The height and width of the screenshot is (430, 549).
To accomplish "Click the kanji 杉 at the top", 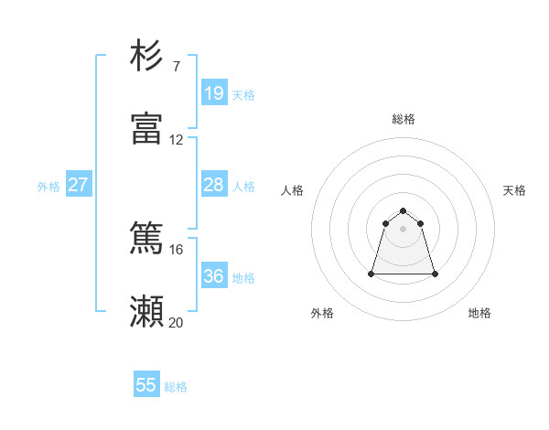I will click(146, 56).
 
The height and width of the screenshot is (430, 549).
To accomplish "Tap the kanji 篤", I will click(146, 239).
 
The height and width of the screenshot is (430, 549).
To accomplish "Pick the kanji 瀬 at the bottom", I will click(146, 312).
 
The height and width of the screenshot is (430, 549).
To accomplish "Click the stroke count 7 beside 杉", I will click(176, 67).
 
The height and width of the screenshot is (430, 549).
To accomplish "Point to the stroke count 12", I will click(176, 140).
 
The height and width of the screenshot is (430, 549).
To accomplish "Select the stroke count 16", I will click(176, 249).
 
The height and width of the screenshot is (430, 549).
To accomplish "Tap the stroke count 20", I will click(176, 322).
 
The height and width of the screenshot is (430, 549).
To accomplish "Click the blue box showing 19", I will click(214, 93).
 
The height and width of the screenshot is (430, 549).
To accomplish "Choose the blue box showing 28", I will click(214, 185).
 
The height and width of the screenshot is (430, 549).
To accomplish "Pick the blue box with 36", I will click(214, 276).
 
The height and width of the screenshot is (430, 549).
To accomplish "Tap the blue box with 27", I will click(79, 185).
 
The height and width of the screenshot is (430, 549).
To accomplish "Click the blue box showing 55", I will click(146, 385).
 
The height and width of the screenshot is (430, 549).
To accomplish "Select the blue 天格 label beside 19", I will click(243, 95).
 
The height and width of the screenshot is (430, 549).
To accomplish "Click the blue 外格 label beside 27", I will click(48, 187).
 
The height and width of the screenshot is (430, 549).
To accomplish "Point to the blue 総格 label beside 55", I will click(176, 387).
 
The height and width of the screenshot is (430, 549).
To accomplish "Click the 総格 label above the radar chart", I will click(404, 119).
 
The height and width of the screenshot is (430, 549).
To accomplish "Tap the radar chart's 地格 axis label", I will click(479, 313).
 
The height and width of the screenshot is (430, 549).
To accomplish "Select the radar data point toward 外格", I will click(372, 274).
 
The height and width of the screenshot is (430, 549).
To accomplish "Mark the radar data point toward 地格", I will click(435, 274).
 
